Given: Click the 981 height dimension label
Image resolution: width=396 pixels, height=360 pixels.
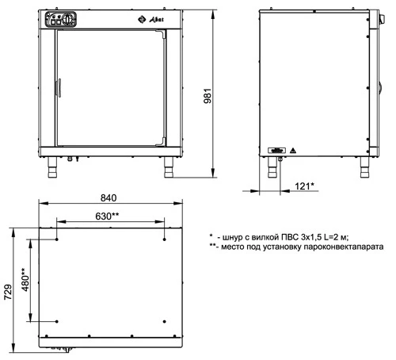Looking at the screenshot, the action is click(x=208, y=96).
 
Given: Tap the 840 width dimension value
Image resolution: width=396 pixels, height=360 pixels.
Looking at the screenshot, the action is click(x=109, y=198).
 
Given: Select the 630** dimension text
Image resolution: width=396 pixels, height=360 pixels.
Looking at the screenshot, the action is click(x=107, y=216).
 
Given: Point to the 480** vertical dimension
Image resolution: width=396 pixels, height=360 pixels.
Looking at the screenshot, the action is click(x=25, y=279).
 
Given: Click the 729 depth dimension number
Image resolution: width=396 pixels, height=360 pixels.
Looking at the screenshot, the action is click(x=8, y=292).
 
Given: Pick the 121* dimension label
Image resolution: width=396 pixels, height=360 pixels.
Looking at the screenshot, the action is click(x=304, y=186).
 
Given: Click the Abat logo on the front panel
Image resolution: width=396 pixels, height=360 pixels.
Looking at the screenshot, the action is click(x=150, y=19).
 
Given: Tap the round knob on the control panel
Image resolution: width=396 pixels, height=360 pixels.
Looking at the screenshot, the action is click(x=68, y=19).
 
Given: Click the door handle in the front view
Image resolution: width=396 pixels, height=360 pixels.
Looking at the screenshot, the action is click(x=59, y=88).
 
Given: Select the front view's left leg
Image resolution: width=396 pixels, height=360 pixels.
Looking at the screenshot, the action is click(x=52, y=167).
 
